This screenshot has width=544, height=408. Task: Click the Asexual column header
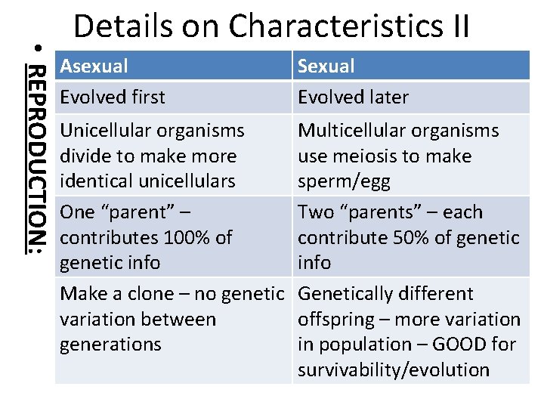[x=94, y=66]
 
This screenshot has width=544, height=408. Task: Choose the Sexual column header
[x=326, y=66]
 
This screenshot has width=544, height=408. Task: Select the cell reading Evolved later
[x=353, y=97]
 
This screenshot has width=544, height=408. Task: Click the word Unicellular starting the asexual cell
[x=97, y=131]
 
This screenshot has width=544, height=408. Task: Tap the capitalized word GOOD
[x=462, y=345]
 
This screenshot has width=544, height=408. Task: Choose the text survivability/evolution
[x=394, y=370]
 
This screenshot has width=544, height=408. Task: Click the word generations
[x=110, y=345]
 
